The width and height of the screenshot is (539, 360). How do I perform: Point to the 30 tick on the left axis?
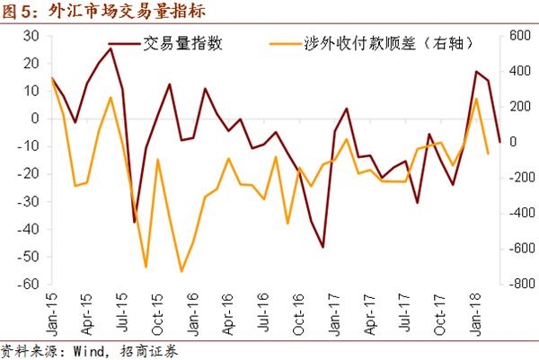[x=31, y=35]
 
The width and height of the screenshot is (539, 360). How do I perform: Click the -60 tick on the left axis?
[x=28, y=284]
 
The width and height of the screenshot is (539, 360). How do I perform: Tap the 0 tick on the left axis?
[x=35, y=119]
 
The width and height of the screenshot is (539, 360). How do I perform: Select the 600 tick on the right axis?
[x=519, y=35]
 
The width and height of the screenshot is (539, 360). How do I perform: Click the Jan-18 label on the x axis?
[x=474, y=313]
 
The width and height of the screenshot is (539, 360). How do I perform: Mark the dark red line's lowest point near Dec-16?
[x=323, y=247]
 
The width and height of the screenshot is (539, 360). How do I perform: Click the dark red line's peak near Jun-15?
[x=110, y=48]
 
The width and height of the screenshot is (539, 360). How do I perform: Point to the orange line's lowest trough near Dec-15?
[x=181, y=271]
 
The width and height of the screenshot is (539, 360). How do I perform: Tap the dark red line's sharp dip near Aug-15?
[x=134, y=222]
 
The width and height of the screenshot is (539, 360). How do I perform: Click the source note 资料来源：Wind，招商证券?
[x=90, y=350]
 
